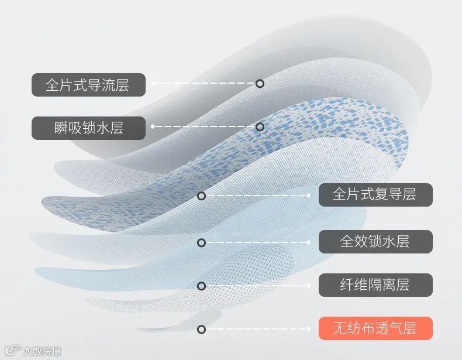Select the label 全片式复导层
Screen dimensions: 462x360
375,195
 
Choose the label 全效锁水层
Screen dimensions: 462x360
375,241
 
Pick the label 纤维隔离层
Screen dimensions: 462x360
375,285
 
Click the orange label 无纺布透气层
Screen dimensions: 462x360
375,328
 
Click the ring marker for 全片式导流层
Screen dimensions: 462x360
260,84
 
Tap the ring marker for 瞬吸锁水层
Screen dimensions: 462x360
260,127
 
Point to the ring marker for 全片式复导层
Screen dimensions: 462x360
202,196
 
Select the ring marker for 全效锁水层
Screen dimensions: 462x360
202,242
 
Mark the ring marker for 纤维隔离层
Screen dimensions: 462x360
202,286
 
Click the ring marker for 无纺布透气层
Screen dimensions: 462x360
202,329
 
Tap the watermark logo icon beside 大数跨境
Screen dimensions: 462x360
12,351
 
